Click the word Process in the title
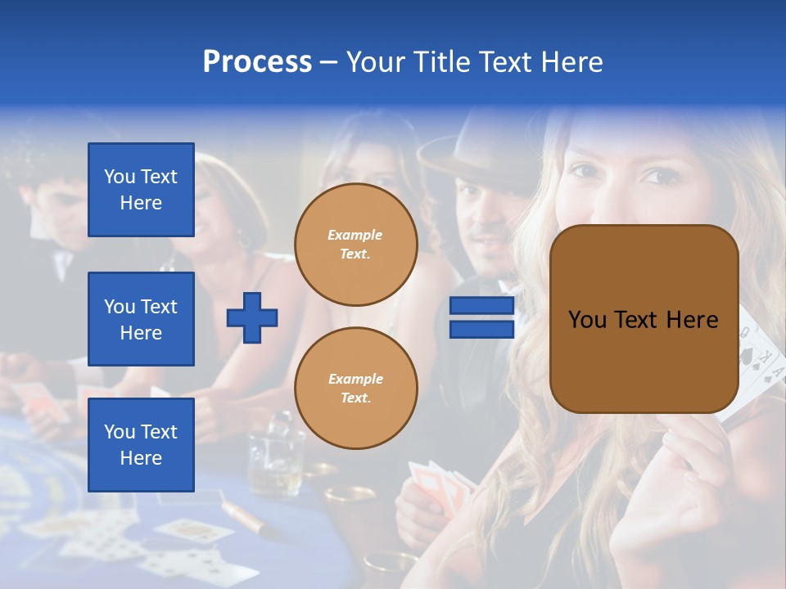pyautogui.click(x=257, y=62)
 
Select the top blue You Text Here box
pyautogui.click(x=141, y=190)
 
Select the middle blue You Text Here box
pyautogui.click(x=141, y=319)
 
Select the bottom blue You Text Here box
pyautogui.click(x=141, y=445)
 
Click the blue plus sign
pyautogui.click(x=251, y=317)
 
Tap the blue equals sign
pyautogui.click(x=481, y=317)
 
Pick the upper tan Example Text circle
pyautogui.click(x=355, y=245)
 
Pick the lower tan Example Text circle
pyautogui.click(x=355, y=389)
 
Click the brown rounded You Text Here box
pyautogui.click(x=644, y=319)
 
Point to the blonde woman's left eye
pyautogui.click(x=660, y=176)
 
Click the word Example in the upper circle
pyautogui.click(x=355, y=235)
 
